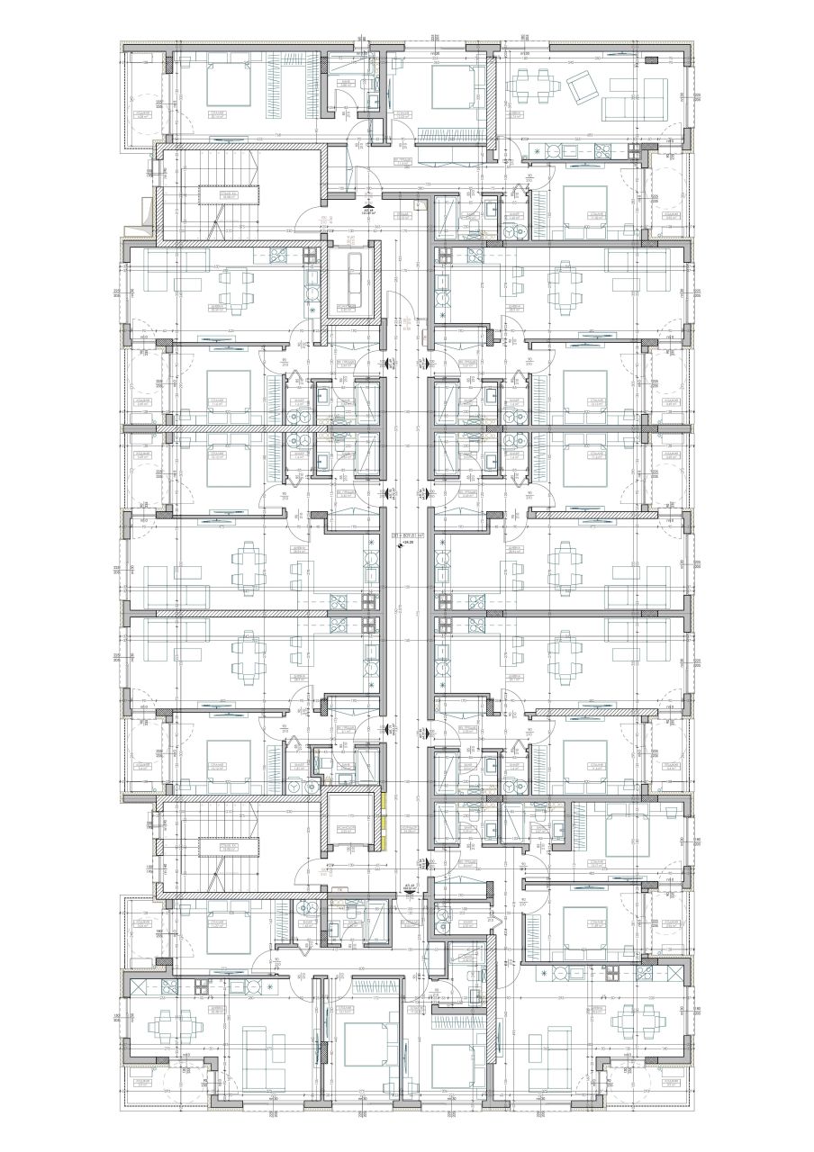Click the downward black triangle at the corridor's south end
pyautogui.click(x=415, y=887)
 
